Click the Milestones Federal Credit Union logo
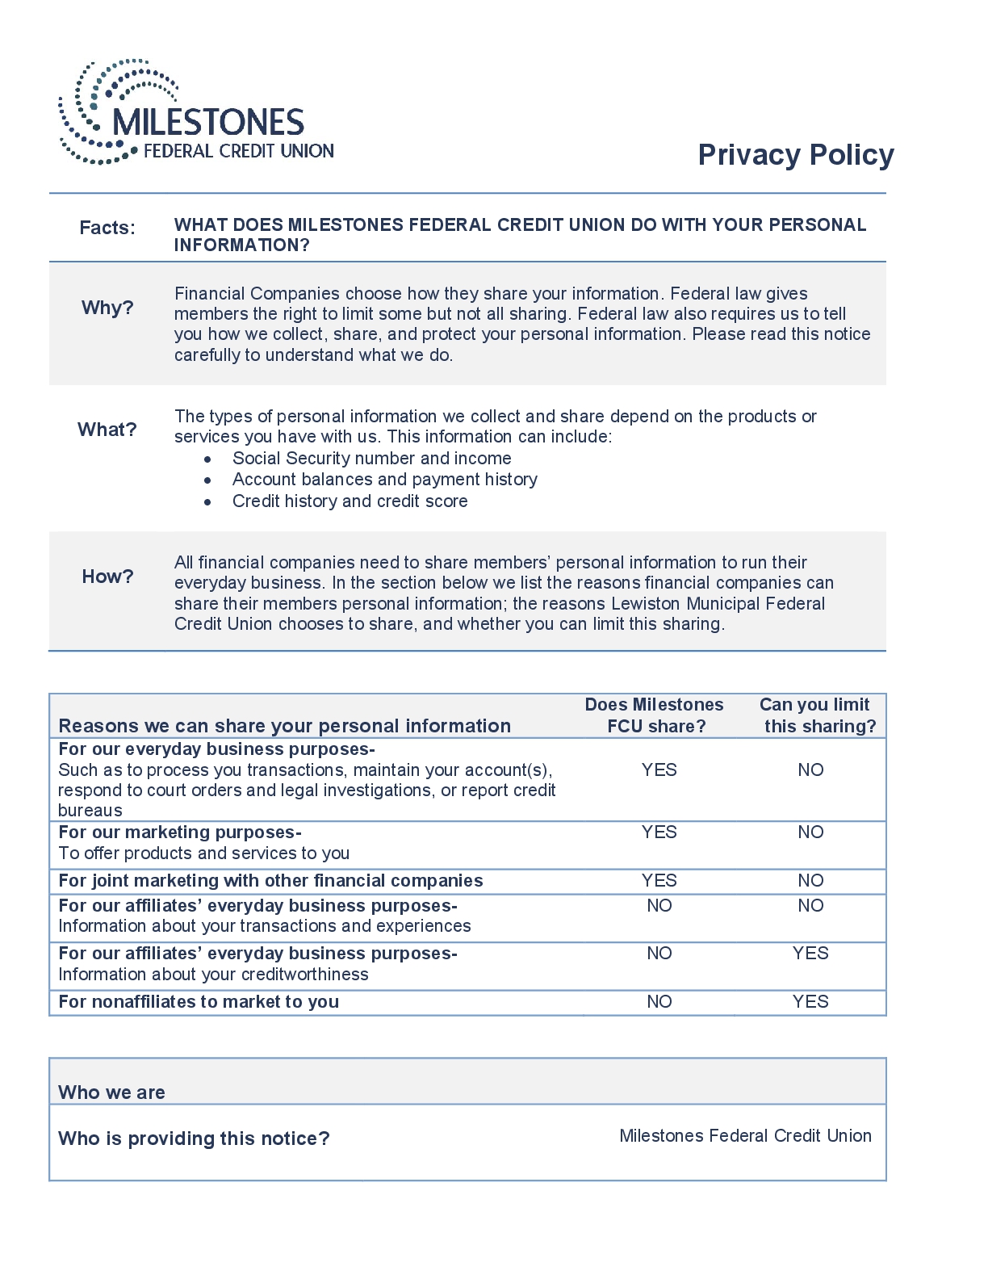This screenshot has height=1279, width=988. click(196, 113)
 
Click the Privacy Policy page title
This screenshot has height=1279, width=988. click(795, 155)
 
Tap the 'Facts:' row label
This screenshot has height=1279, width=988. click(107, 228)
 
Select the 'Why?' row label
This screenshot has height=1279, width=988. click(107, 308)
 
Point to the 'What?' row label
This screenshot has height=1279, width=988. click(107, 430)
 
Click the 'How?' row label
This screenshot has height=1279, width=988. click(107, 577)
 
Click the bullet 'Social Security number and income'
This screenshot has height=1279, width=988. click(371, 459)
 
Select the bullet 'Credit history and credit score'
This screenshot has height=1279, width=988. click(350, 501)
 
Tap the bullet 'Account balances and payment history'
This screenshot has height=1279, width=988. click(384, 480)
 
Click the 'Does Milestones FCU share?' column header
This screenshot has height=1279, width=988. click(655, 715)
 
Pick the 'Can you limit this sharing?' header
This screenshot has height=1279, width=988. click(816, 715)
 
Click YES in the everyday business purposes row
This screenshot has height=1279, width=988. click(659, 770)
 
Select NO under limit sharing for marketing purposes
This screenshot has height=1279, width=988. click(810, 832)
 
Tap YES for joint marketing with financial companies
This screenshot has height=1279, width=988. click(659, 881)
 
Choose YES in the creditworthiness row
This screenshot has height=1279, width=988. click(810, 954)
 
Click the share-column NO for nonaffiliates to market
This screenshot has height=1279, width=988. click(659, 1002)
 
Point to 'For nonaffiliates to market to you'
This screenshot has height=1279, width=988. click(199, 1002)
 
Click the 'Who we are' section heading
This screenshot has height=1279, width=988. click(111, 1092)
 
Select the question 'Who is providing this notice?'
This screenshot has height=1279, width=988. click(194, 1139)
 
